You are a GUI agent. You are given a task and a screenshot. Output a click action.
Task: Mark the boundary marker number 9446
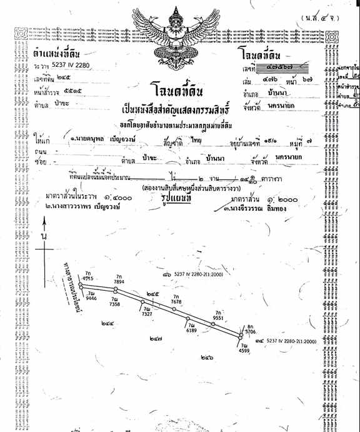click(91, 299)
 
